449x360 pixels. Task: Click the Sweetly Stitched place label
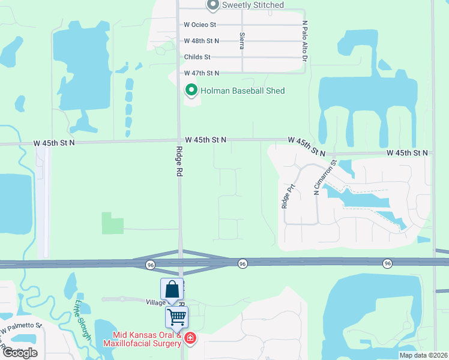pos(253,5)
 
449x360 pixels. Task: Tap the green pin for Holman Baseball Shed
pos(191,91)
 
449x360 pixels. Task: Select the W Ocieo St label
pos(200,25)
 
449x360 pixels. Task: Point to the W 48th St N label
pos(202,41)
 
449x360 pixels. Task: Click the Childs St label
pos(197,57)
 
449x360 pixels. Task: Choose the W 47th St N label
pos(202,73)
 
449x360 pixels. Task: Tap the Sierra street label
pos(242,41)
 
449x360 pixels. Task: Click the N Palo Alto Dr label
pos(305,41)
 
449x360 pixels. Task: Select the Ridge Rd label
pos(179,162)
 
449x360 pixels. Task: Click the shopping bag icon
pos(172,289)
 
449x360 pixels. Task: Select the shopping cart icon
pos(177,316)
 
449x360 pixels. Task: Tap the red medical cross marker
pos(190,339)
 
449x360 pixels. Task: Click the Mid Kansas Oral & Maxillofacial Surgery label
pos(142,339)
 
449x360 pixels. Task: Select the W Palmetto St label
pos(22,328)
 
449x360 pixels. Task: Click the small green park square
pos(113,223)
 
